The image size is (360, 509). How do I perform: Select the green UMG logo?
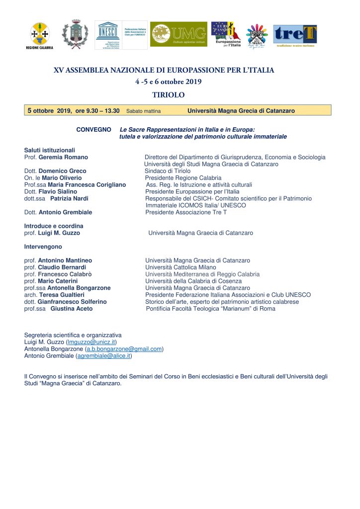pos(179,34)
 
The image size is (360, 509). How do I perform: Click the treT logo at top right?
pos(295,35)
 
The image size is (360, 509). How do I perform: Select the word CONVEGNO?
pos(93,130)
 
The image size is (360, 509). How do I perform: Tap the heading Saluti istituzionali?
pos(49,150)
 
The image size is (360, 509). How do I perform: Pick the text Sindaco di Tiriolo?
pos(168,171)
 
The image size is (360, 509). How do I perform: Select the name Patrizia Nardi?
pos(69,198)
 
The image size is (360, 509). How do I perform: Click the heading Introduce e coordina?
pos(54,226)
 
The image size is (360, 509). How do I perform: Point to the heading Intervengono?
pos(44,247)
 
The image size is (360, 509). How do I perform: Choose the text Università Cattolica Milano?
pos(180,267)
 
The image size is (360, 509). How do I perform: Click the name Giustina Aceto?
pos(71,309)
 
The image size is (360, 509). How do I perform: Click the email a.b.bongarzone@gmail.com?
pos(124,349)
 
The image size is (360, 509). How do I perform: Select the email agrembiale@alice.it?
pos(103,356)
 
